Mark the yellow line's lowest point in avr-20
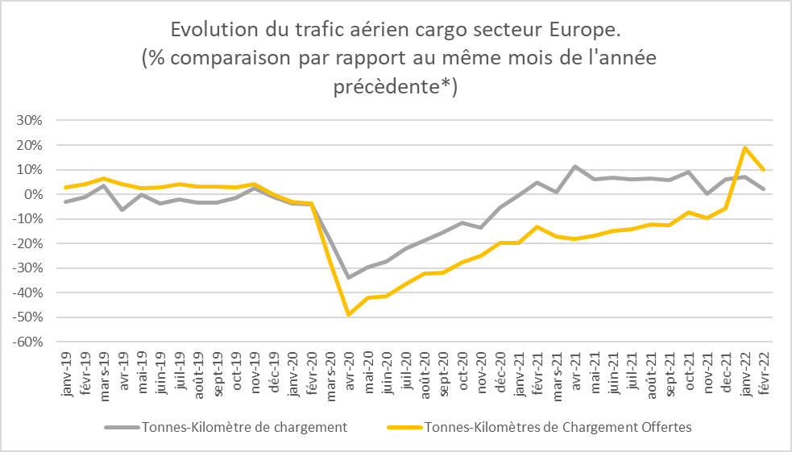348,314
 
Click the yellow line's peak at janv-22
745,147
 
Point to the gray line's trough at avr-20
348,277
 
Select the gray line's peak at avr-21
575,167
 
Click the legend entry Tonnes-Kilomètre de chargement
244,427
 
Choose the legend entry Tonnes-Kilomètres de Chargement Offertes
557,427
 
